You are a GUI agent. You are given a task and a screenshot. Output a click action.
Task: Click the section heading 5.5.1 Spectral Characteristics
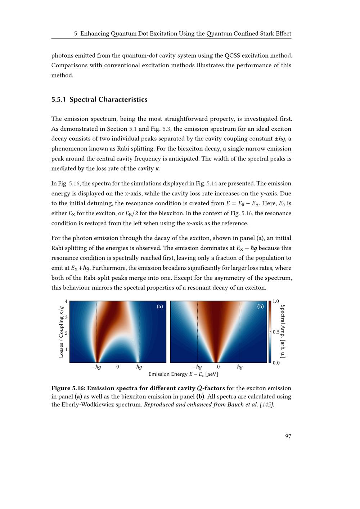pos(99,100)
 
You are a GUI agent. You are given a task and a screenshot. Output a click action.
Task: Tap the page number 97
pos(288,436)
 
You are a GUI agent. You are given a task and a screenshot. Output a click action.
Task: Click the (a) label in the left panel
pos(160,307)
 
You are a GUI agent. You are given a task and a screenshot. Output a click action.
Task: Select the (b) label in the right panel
pos(261,307)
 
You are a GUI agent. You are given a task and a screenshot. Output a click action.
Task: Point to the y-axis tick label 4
pos(66,301)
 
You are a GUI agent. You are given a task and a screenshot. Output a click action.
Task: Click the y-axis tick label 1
pos(66,349)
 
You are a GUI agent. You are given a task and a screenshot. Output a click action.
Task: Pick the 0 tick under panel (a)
pos(118,367)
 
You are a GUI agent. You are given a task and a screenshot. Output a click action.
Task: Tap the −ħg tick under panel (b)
pos(197,367)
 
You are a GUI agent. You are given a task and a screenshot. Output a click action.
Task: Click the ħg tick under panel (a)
pos(139,367)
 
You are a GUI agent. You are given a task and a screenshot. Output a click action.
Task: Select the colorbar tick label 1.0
pos(276,301)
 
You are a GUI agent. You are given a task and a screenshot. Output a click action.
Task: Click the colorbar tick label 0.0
pos(276,363)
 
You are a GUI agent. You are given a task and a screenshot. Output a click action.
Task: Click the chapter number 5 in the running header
pos(76,34)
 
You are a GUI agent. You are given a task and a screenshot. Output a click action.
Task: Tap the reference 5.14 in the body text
pos(212,184)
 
